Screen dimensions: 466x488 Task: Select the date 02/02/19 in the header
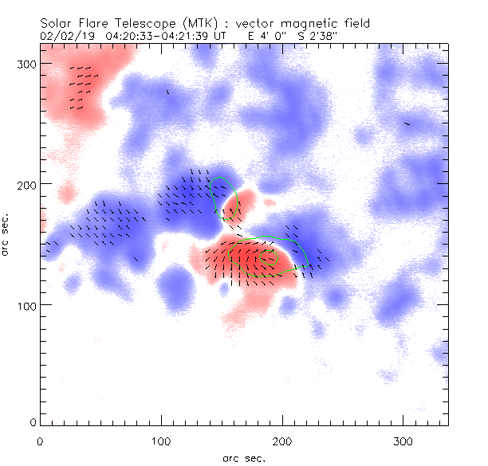(65, 36)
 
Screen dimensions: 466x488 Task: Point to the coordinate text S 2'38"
(328, 36)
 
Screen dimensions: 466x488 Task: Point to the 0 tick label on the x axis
(40, 441)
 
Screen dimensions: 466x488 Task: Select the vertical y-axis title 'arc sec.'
(6, 234)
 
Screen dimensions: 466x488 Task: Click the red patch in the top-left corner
(76, 80)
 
